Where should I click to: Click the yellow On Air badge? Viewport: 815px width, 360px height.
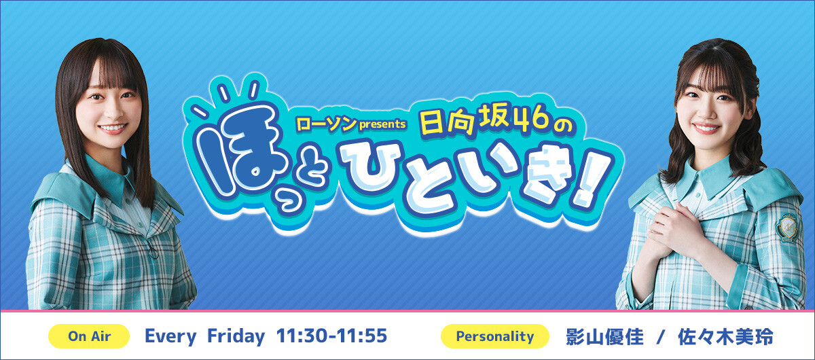point(89,336)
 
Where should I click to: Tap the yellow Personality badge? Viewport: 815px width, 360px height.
point(495,336)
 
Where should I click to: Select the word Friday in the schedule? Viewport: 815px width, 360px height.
point(236,336)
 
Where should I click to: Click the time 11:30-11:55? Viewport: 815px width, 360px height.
point(331,336)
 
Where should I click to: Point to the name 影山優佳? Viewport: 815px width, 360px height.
point(604,337)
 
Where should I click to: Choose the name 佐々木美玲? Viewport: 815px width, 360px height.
point(725,337)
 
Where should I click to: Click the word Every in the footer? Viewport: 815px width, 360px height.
point(170,337)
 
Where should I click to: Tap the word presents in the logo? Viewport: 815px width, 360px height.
point(382,124)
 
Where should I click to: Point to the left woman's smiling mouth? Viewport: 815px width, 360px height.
point(113,128)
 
